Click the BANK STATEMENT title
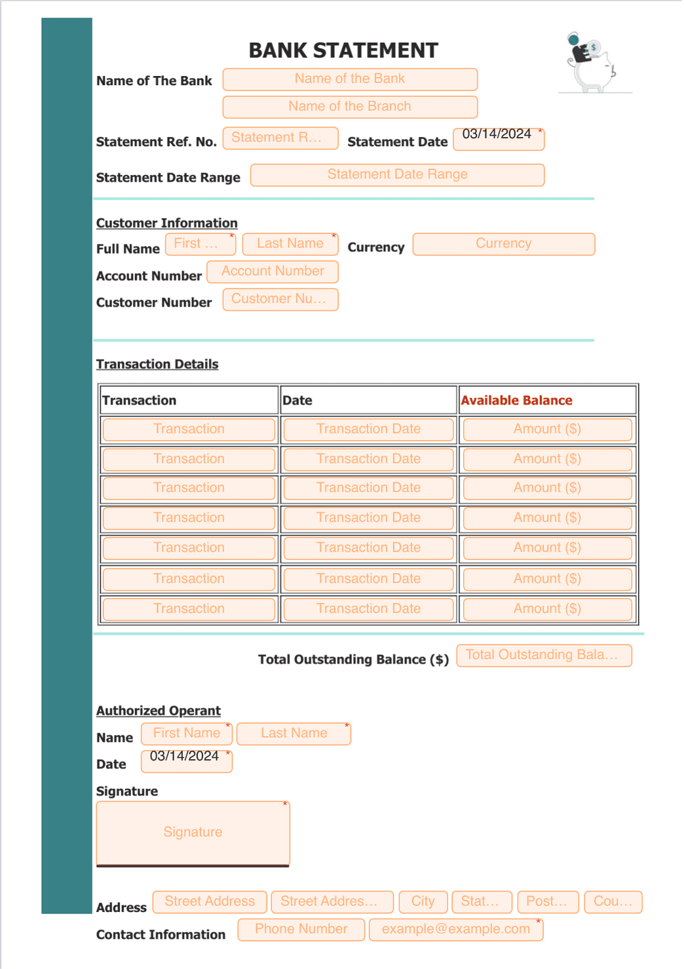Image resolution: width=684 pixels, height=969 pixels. tap(343, 50)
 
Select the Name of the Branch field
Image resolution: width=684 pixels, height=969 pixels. tap(350, 107)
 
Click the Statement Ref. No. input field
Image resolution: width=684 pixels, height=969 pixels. tap(280, 138)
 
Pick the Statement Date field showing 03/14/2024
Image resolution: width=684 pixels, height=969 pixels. tap(498, 138)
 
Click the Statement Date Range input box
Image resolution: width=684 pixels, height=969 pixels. tap(397, 175)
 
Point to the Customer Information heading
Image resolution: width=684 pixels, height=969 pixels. tap(166, 223)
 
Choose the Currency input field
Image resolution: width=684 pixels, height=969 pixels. tap(503, 244)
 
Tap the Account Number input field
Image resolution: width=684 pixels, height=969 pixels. tap(273, 271)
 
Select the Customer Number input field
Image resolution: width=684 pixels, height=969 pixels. tap(280, 299)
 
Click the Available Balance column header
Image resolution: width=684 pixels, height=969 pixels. tap(516, 400)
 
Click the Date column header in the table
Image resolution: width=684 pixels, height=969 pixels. tap(297, 400)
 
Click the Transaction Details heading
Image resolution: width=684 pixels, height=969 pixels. tap(157, 364)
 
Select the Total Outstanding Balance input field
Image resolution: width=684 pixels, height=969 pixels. tap(544, 656)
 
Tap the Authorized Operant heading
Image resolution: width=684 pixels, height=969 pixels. tap(158, 711)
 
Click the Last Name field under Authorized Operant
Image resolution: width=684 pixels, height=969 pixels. tap(294, 734)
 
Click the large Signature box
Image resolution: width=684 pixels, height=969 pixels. tap(193, 833)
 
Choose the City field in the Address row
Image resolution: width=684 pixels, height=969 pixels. tap(423, 901)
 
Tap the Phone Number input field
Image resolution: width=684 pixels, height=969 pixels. tap(301, 930)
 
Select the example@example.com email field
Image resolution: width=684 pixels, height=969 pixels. tap(456, 930)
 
